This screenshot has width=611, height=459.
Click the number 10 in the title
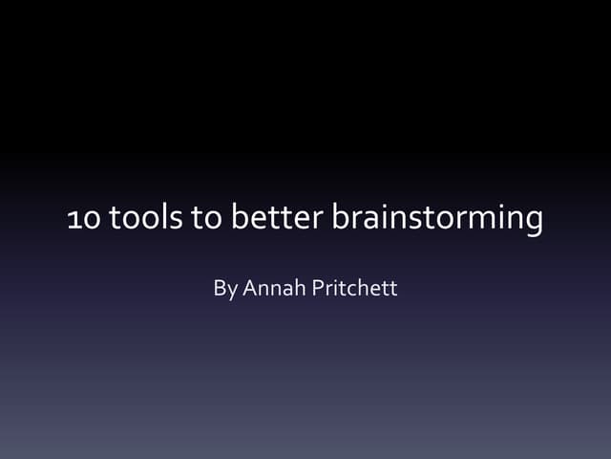pyautogui.click(x=82, y=220)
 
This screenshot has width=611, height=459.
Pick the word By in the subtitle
pyautogui.click(x=225, y=288)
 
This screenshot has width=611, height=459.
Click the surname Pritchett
pyautogui.click(x=355, y=287)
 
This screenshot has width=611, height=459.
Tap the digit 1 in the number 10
pyautogui.click(x=74, y=221)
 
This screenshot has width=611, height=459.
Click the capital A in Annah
pyautogui.click(x=250, y=287)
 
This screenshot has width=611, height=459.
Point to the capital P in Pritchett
pyautogui.click(x=318, y=287)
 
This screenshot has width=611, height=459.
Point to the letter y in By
pyautogui.click(x=232, y=290)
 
